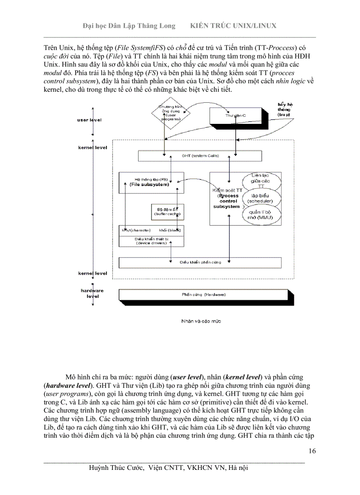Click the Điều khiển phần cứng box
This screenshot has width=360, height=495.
click(199, 262)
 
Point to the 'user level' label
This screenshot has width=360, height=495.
click(90, 120)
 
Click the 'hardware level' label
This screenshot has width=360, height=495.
click(92, 293)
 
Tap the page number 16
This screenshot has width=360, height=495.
click(312, 450)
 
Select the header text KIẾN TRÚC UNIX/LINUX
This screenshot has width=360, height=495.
click(233, 26)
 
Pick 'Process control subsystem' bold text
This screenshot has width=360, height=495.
click(228, 201)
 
